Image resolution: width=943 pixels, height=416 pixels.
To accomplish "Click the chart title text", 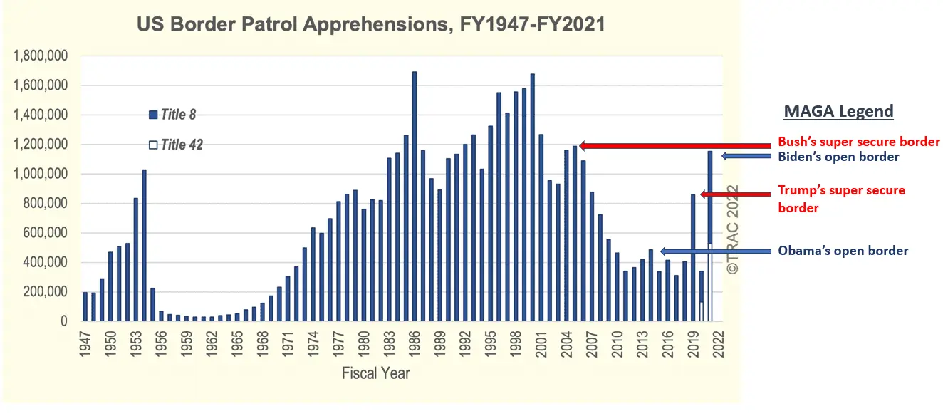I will [x=370, y=25].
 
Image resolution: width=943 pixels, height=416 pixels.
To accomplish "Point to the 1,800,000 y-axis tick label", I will [x=41, y=56].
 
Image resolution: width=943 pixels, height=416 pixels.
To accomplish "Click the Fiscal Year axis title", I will [x=375, y=373].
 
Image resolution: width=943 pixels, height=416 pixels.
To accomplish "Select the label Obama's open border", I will [x=843, y=251].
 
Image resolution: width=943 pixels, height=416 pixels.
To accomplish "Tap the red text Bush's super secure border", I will [x=858, y=141].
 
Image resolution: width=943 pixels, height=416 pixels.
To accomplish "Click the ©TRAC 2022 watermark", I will [x=732, y=229].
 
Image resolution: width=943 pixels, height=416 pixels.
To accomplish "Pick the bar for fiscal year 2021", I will [x=710, y=214].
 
